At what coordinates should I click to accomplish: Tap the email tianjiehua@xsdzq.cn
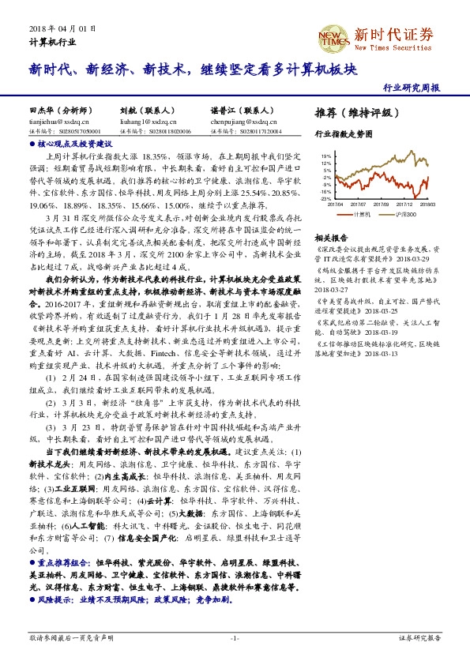[x=59, y=122]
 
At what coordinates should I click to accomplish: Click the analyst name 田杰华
[x=41, y=111]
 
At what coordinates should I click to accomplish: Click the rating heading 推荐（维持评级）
[x=352, y=113]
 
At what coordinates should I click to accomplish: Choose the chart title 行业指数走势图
[x=342, y=134]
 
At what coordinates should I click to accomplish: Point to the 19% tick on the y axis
[x=325, y=156]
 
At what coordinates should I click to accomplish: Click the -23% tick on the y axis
[x=325, y=198]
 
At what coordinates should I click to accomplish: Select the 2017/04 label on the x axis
[x=336, y=204]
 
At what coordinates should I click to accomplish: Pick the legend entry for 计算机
[x=360, y=213]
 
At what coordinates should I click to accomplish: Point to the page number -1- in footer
[x=235, y=637]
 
